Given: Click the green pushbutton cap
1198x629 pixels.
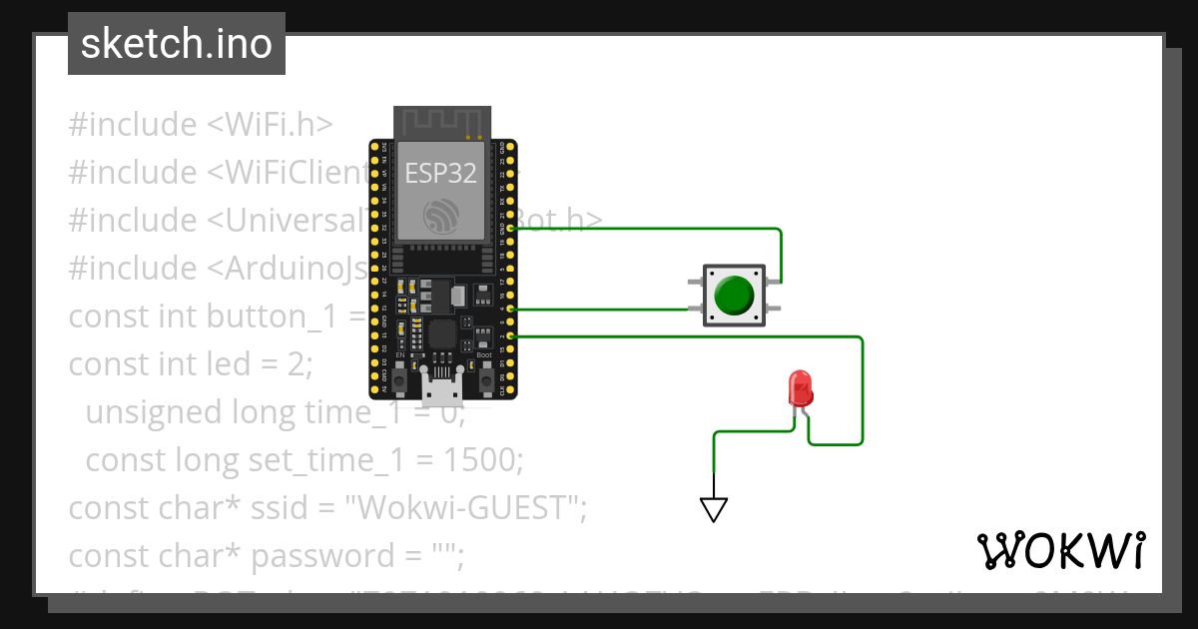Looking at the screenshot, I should pyautogui.click(x=734, y=295).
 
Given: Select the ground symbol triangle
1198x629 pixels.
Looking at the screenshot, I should pyautogui.click(x=714, y=509).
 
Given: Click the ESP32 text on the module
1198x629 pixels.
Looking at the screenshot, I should pyautogui.click(x=440, y=173).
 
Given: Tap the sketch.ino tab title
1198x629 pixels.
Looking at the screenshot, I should pyautogui.click(x=177, y=44).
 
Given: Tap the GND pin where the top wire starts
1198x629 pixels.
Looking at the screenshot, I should pyautogui.click(x=511, y=229).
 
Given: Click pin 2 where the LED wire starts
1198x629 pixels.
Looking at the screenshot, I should pyautogui.click(x=511, y=336).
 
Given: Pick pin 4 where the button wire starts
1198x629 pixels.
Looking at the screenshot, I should pyautogui.click(x=511, y=310).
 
